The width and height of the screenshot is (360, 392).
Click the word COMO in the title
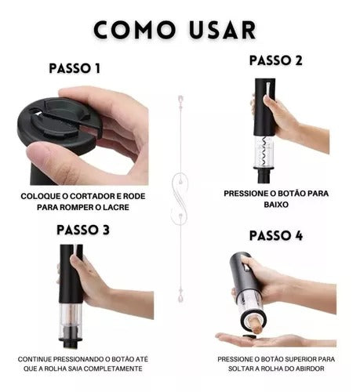[x=135, y=30]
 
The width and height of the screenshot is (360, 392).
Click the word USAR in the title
[x=223, y=30]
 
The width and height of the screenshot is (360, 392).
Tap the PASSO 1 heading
[x=75, y=68]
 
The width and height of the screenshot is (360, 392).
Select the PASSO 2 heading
[x=276, y=60]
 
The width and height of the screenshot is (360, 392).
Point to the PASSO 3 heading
[x=83, y=230]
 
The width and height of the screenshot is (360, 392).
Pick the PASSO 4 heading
[x=276, y=235]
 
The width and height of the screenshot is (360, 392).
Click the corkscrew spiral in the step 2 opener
[x=264, y=151]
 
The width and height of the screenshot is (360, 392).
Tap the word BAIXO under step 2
[x=276, y=205]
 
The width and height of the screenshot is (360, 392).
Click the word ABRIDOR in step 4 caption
[x=310, y=368]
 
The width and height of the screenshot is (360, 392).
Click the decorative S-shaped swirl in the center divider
[x=180, y=198]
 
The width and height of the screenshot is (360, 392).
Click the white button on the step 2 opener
[x=268, y=90]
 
